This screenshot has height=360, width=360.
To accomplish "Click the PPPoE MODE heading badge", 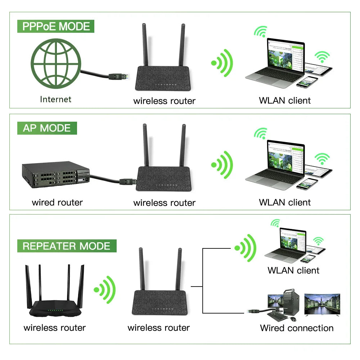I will coord(56,27).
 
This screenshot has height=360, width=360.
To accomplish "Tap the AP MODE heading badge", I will coord(47,128).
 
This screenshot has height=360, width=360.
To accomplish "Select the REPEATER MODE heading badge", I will coord(67,246).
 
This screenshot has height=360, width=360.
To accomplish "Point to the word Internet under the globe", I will coord(55,99).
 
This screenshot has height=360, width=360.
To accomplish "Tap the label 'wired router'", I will coord(57,203).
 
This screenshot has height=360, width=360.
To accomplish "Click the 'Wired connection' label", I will coord(297,328).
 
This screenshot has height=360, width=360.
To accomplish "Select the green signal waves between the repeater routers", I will coord(105,289).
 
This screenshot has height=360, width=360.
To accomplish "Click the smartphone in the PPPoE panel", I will coord(307,82).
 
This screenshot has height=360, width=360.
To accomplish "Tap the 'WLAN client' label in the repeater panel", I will coord(293,270).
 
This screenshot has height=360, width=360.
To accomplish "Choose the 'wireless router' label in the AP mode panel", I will coord(164,203).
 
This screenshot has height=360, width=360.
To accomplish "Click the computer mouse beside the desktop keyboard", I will coord(293,319).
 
